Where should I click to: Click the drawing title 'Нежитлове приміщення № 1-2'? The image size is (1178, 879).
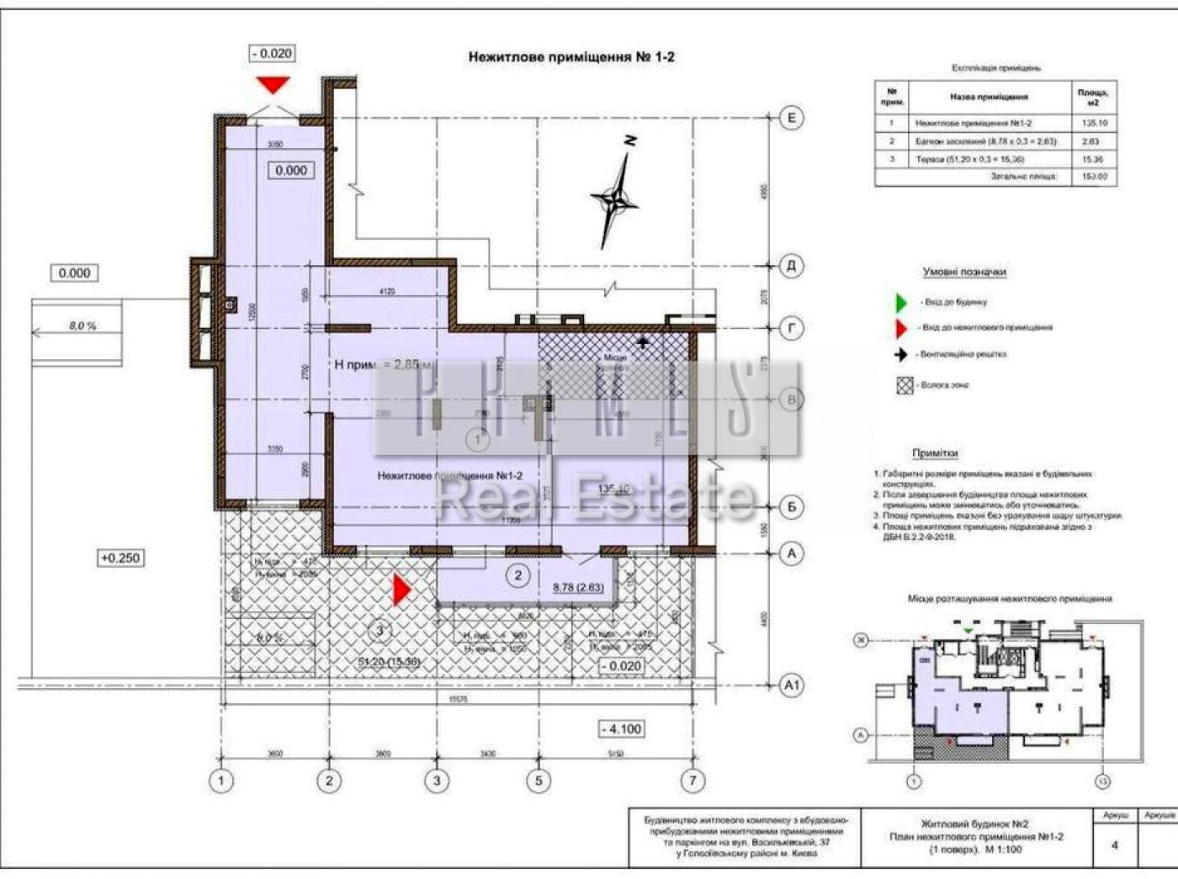click(570, 57)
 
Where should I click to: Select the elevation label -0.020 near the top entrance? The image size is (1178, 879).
click(272, 54)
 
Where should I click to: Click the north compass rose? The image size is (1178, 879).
click(617, 199)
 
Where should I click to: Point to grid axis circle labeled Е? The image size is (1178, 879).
click(791, 118)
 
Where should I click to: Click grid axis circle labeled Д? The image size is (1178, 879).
click(791, 267)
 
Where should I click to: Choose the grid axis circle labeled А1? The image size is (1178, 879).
click(791, 686)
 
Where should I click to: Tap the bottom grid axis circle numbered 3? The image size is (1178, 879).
click(436, 781)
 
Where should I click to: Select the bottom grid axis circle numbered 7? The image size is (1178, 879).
click(692, 781)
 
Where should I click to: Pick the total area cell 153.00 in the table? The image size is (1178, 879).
click(1095, 177)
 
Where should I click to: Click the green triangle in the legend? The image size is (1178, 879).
click(901, 302)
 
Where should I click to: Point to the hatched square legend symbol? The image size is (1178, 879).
click(905, 385)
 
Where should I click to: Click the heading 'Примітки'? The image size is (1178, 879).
click(935, 453)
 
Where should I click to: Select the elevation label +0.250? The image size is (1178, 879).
click(120, 558)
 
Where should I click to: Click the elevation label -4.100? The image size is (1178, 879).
click(622, 729)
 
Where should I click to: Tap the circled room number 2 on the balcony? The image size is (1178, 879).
click(517, 575)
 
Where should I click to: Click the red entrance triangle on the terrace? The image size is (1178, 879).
click(401, 590)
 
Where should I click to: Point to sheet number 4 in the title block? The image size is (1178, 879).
click(1115, 845)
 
